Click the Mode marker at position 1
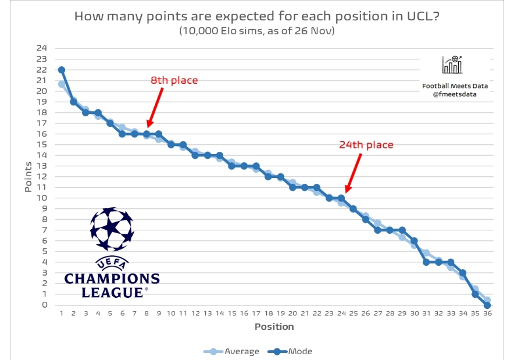pyautogui.click(x=62, y=70)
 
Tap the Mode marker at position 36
pyautogui.click(x=487, y=305)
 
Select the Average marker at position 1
pyautogui.click(x=62, y=84)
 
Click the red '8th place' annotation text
pyautogui.click(x=174, y=80)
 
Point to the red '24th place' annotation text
pyautogui.click(x=366, y=145)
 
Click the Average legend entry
pyautogui.click(x=235, y=351)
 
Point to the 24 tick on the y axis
pyautogui.click(x=42, y=48)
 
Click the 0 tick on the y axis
pyautogui.click(x=44, y=305)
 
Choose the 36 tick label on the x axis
pyautogui.click(x=487, y=313)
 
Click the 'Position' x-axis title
pyautogui.click(x=274, y=326)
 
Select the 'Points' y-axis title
pyautogui.click(x=28, y=177)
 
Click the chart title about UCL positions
pyautogui.click(x=257, y=16)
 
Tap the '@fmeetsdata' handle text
pyautogui.click(x=455, y=94)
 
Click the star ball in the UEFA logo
pyautogui.click(x=112, y=229)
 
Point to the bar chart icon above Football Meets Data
pyautogui.click(x=452, y=65)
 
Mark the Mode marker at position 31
pyautogui.click(x=426, y=262)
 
